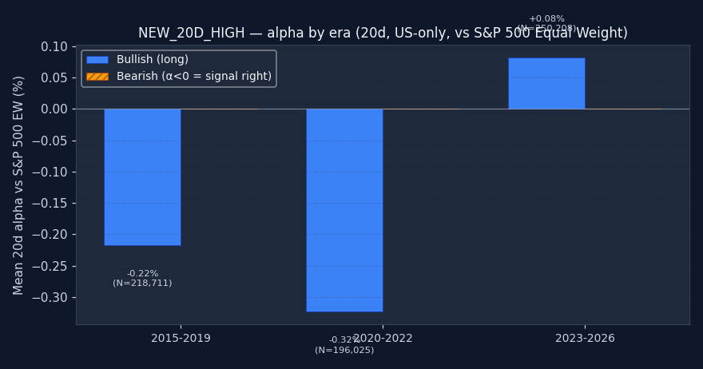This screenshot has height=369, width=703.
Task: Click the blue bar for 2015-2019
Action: [142, 177]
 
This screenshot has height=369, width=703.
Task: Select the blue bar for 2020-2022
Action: [344, 209]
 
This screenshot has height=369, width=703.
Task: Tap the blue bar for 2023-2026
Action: [546, 83]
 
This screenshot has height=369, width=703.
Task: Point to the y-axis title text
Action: [19, 184]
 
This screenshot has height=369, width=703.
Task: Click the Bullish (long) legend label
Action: [153, 60]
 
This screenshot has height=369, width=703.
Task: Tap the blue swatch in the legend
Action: [97, 60]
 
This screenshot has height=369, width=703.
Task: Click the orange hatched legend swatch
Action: [97, 77]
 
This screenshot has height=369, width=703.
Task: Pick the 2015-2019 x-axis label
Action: [181, 339]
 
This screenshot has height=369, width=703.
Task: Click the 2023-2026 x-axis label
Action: [585, 339]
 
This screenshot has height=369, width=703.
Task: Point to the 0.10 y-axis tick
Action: [54, 46]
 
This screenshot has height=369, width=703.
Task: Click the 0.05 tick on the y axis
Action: [54, 77]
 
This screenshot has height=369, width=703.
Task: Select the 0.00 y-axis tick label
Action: [54, 109]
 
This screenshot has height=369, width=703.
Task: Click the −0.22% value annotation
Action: [142, 274]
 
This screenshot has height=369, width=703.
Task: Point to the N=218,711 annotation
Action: [142, 284]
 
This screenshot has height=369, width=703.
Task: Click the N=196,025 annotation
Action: [344, 351]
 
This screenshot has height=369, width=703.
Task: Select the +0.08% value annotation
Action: [546, 19]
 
